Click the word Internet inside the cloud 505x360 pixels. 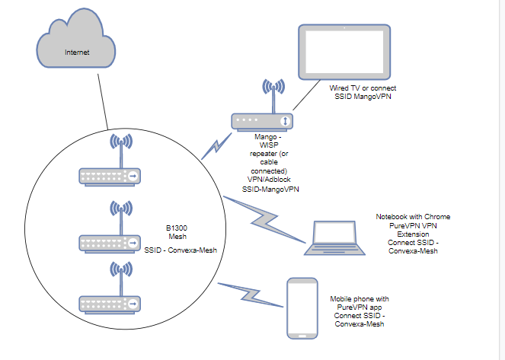(75, 53)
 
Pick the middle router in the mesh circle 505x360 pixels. (111, 242)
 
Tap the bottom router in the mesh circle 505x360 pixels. (111, 303)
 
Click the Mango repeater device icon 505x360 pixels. (263, 120)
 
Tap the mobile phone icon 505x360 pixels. (302, 307)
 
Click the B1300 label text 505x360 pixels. (177, 227)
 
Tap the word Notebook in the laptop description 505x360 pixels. (393, 217)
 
